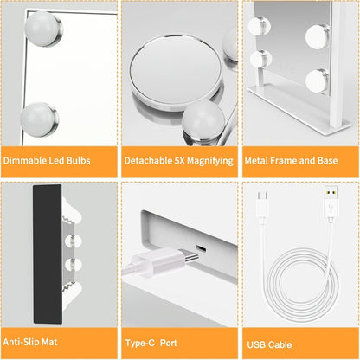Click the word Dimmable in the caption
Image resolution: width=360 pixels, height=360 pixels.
25,160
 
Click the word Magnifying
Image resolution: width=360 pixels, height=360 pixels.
210,161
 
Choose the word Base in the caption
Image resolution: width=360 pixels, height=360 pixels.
327,160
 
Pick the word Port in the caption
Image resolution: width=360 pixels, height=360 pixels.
168,343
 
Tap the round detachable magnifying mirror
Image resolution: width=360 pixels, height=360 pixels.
176,71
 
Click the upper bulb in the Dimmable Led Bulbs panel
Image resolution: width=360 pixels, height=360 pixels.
43,29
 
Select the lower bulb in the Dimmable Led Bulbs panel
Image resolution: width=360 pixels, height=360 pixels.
39,119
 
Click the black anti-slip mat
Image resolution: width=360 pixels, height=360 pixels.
48,254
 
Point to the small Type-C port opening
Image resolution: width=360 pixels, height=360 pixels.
201,248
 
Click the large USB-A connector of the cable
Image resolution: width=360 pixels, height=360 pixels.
331,203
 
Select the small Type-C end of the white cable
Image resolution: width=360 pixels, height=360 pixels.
262,207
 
